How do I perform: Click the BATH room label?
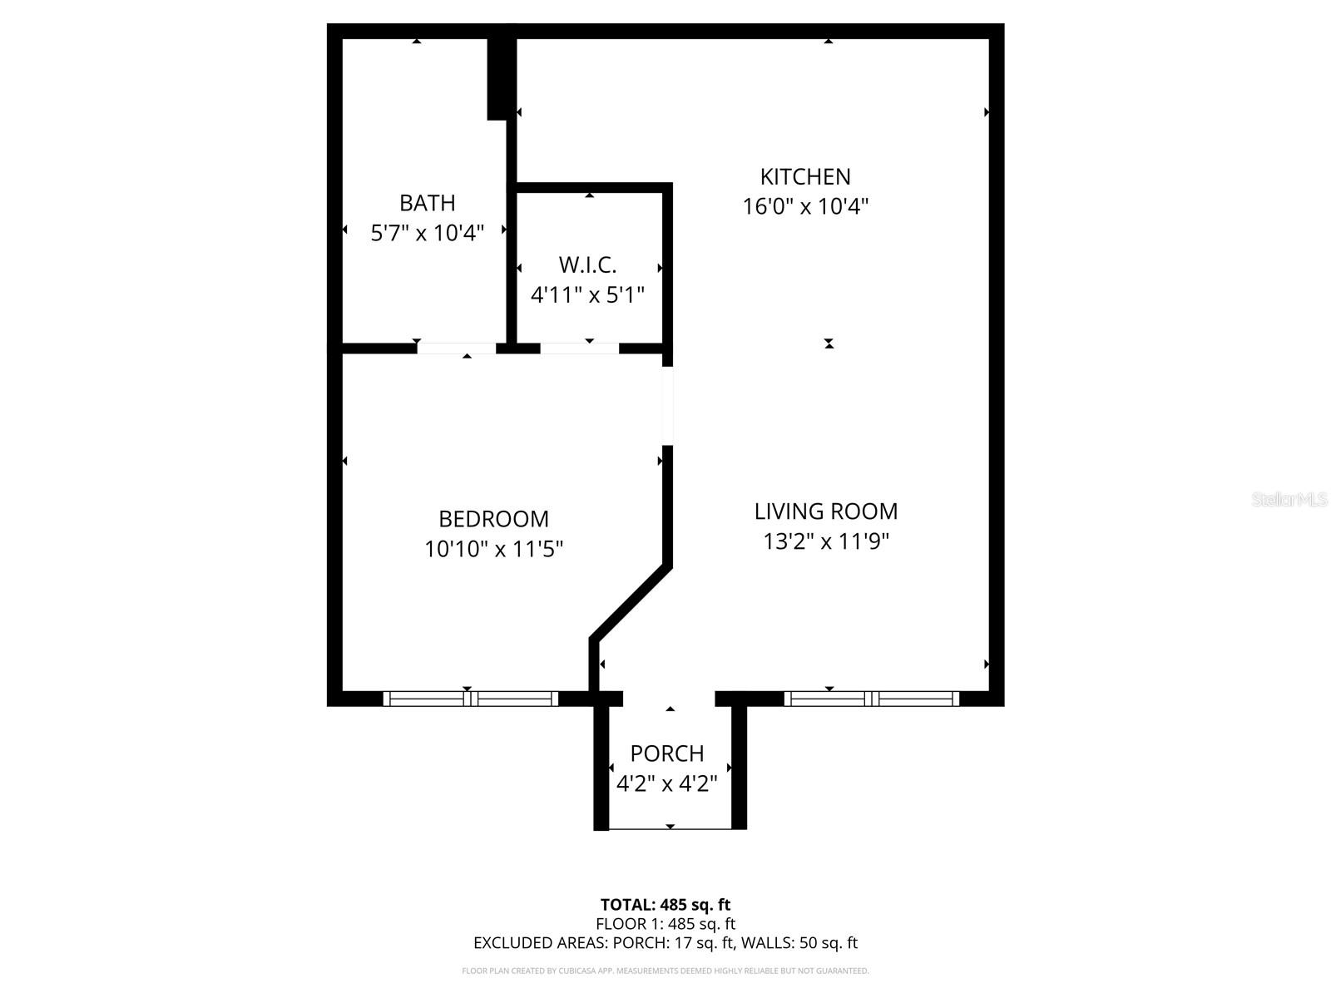(427, 203)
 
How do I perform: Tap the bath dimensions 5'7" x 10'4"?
(427, 233)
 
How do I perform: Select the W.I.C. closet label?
(587, 265)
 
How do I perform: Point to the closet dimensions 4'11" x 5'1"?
(587, 295)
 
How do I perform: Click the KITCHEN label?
(804, 177)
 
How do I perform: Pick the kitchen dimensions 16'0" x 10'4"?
(804, 207)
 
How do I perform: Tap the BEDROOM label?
(493, 519)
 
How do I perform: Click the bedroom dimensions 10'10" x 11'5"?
(493, 549)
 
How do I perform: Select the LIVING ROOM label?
(825, 511)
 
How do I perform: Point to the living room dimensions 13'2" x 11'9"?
(825, 541)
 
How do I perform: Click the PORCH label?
(666, 753)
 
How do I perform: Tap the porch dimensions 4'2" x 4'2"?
(666, 783)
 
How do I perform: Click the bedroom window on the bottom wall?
(471, 699)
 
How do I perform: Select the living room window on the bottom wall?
(871, 699)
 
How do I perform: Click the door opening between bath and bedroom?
(456, 348)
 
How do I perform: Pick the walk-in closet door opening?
(580, 348)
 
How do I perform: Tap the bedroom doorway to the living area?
(667, 406)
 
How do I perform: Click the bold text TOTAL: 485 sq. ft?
(665, 905)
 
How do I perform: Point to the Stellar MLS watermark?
(1289, 500)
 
